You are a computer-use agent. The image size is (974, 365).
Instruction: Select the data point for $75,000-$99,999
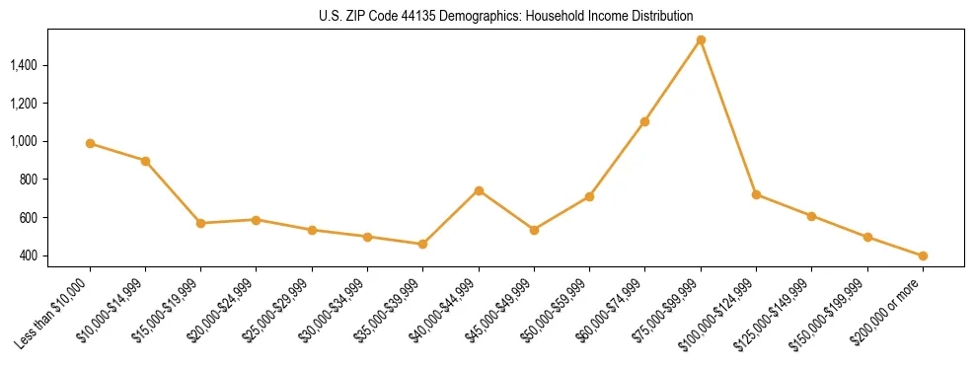click(701, 40)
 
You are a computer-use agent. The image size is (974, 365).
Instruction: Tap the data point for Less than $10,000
click(90, 144)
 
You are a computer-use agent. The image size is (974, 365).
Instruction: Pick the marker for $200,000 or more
click(923, 256)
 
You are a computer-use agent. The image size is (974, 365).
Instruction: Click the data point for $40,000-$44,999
click(479, 190)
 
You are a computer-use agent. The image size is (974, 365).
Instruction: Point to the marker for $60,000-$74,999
click(644, 121)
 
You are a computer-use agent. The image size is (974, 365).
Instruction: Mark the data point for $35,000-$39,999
click(422, 244)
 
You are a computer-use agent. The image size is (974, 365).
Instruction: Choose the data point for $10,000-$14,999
click(145, 161)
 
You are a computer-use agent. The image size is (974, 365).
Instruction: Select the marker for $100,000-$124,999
click(756, 194)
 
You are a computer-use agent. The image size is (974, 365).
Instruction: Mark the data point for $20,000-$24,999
click(256, 220)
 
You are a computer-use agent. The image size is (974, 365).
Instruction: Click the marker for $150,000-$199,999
click(867, 238)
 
